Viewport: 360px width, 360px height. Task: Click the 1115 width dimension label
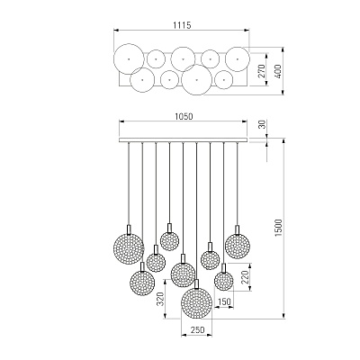tap(182, 25)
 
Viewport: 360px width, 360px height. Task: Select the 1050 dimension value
tap(183, 116)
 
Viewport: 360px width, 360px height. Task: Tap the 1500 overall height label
tap(279, 228)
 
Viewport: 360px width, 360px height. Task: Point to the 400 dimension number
tap(278, 71)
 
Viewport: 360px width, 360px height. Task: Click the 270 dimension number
tap(262, 71)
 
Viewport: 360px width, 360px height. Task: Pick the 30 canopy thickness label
tap(262, 124)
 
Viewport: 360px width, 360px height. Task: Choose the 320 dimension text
tap(161, 299)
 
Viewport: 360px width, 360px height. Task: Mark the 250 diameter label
tap(197, 330)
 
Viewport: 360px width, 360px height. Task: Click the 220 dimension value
tap(246, 277)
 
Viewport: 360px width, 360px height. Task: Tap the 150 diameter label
tap(225, 301)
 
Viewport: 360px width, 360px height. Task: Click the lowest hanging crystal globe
tap(197, 302)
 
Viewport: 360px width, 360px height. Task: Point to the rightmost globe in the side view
tap(238, 246)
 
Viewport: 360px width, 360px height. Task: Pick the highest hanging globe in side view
tap(169, 241)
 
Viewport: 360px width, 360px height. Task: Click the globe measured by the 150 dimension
tap(223, 281)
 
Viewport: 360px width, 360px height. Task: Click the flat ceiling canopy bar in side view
tap(183, 140)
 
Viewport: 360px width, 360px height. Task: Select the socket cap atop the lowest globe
tap(197, 283)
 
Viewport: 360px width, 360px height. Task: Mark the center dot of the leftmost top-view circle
tap(129, 59)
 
